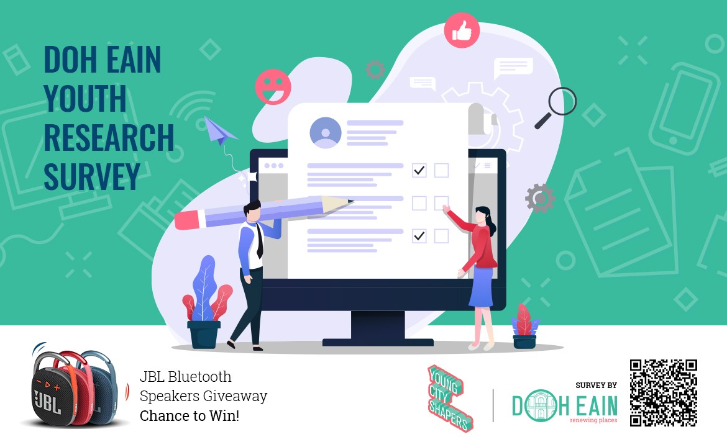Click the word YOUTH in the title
pyautogui.click(x=85, y=98)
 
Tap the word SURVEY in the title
pyautogui.click(x=92, y=176)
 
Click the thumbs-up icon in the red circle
pyautogui.click(x=462, y=30)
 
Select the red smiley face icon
pyautogui.click(x=273, y=87)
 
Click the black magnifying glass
pyautogui.click(x=556, y=107)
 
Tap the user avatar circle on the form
pyautogui.click(x=326, y=133)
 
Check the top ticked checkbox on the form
pyautogui.click(x=419, y=171)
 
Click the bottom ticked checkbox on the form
pyautogui.click(x=419, y=236)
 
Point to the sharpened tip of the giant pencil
pyautogui.click(x=350, y=202)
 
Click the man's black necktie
pyautogui.click(x=260, y=240)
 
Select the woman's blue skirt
pyautogui.click(x=482, y=287)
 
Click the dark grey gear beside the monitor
pyautogui.click(x=540, y=198)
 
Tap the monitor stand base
pyautogui.click(x=378, y=342)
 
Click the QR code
pyautogui.click(x=664, y=393)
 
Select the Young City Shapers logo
pyautogui.click(x=449, y=398)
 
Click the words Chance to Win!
pyautogui.click(x=190, y=415)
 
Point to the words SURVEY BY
pyautogui.click(x=597, y=385)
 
